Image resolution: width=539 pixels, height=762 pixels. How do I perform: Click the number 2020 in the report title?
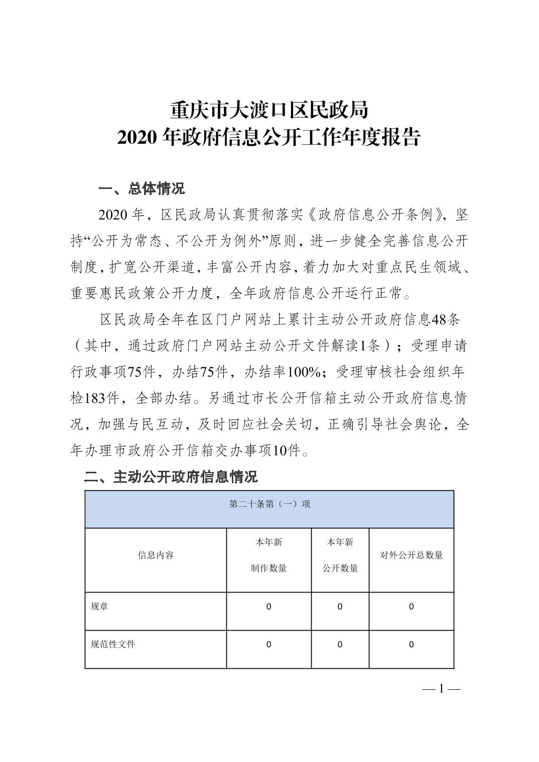tap(138, 137)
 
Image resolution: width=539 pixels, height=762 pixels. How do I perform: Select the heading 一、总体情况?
tap(142, 188)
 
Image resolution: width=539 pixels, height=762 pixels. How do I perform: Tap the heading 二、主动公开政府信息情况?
tap(171, 476)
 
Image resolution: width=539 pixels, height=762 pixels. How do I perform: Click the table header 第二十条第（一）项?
tap(270, 504)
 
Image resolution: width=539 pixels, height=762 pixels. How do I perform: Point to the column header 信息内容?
tap(156, 555)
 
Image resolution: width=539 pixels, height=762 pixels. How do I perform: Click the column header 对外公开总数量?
tap(412, 555)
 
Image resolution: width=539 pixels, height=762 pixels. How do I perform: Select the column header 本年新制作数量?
tap(269, 555)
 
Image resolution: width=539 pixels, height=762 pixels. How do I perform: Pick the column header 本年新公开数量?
tap(340, 555)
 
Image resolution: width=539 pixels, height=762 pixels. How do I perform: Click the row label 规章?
tap(99, 607)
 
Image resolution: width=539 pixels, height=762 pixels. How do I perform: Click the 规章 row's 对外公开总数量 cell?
tap(412, 607)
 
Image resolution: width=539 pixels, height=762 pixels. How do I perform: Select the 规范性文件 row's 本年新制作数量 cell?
tap(269, 645)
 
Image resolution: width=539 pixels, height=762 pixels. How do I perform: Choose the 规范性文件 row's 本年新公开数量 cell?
tap(340, 645)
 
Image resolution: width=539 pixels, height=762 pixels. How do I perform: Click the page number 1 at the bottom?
tap(442, 689)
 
